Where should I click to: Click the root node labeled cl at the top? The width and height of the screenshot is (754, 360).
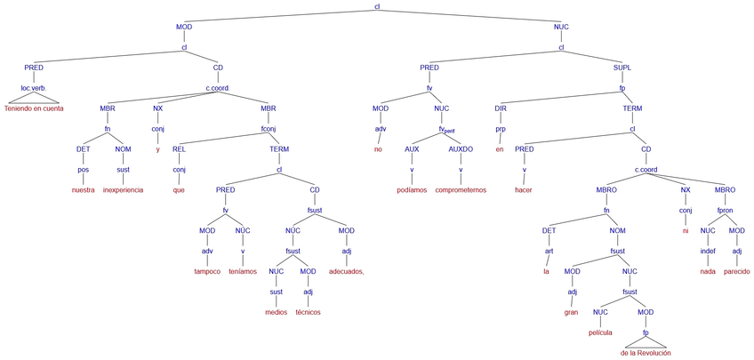coord(377,7)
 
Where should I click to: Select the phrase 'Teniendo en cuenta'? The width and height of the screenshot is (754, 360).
coord(38,108)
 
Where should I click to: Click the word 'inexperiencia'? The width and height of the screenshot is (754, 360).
coord(123,190)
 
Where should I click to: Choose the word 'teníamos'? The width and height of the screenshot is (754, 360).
coord(243,271)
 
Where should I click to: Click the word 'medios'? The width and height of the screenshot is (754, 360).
coord(277,312)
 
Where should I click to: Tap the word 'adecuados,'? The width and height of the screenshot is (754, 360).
coord(346,271)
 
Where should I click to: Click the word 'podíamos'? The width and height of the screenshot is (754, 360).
coord(412,190)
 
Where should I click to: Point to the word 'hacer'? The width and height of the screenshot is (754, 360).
coord(524,190)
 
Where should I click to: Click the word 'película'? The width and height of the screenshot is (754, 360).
coord(601,332)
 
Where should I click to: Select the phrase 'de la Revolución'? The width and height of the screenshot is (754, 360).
coord(646,353)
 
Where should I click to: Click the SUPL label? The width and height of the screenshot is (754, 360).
coord(622,68)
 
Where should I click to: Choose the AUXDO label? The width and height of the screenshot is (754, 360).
coord(461,149)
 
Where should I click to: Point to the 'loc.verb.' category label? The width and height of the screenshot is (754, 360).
coord(34,88)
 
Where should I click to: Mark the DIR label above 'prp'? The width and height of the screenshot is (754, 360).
coord(501,108)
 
